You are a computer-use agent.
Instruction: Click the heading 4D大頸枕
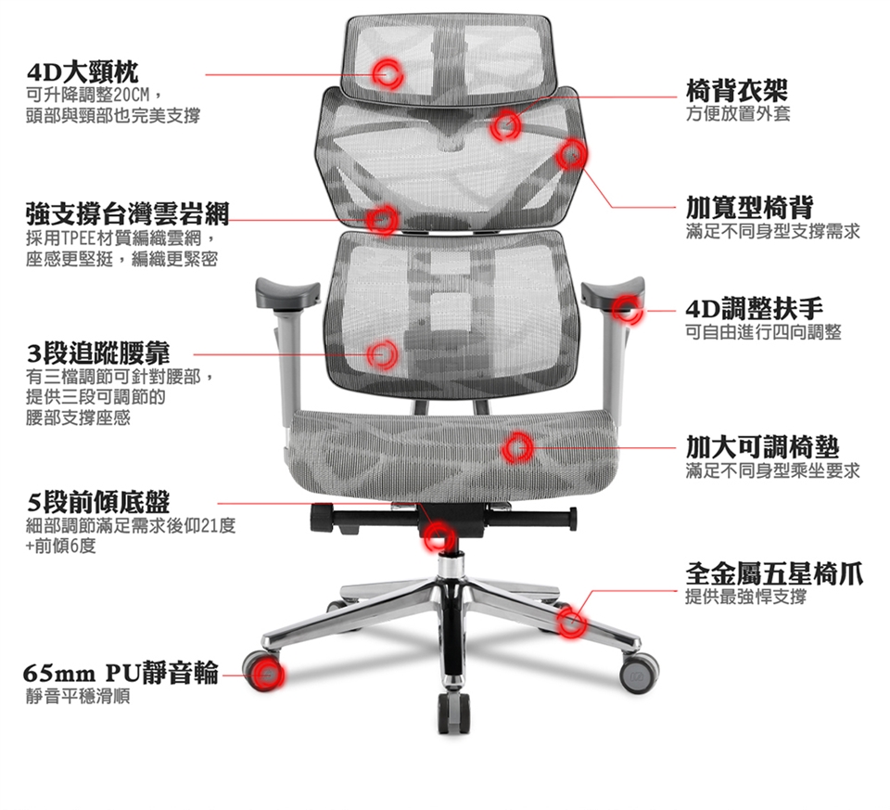tap(83, 72)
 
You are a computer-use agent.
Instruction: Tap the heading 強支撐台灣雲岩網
tap(128, 213)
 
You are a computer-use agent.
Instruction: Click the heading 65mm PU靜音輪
tap(121, 674)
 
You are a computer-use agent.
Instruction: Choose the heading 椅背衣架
tap(737, 90)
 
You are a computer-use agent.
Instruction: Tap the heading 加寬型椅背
tap(749, 208)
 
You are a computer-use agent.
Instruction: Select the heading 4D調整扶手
tap(755, 309)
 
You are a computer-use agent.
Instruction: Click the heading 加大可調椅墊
tap(762, 447)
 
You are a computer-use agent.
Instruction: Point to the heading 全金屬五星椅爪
tap(774, 573)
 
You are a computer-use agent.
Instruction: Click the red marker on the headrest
tap(388, 73)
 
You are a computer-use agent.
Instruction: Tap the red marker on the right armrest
tap(628, 310)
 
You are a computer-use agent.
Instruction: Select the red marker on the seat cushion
tap(517, 447)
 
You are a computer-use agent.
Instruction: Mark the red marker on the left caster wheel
tap(267, 675)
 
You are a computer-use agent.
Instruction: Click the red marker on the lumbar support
tap(382, 354)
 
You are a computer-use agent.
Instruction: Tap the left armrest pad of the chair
tap(287, 292)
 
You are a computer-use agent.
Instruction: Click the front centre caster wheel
tap(454, 713)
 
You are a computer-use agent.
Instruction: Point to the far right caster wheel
tap(639, 673)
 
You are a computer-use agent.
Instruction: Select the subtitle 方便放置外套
tap(738, 114)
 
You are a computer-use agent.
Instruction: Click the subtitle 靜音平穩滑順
tap(78, 697)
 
